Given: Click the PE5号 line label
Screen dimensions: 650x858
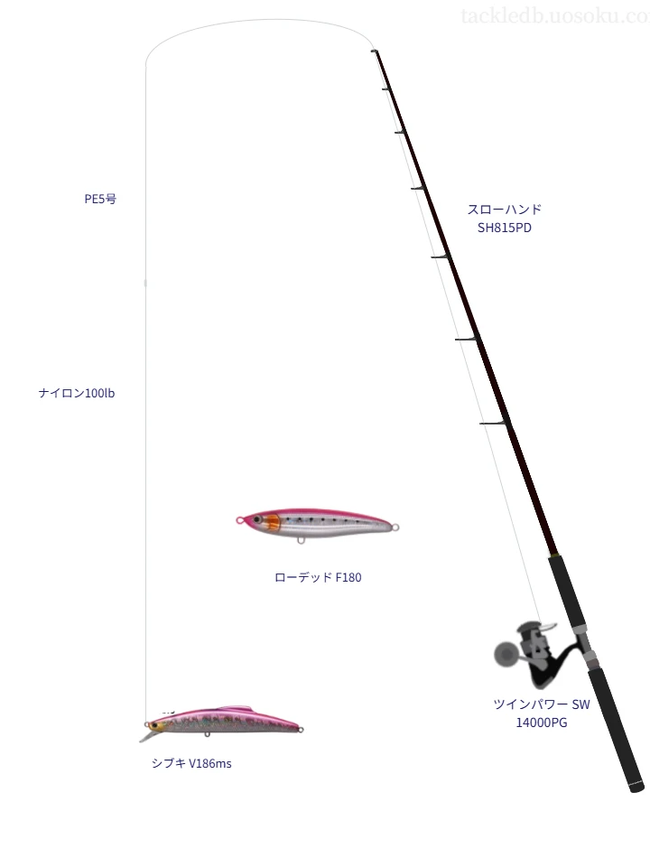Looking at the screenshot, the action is tap(100, 199).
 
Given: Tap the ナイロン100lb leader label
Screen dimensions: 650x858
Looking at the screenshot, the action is tap(77, 393).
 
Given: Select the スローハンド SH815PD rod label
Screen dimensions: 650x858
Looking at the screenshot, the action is tap(505, 219).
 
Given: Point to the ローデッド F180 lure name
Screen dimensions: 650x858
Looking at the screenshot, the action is tap(318, 577).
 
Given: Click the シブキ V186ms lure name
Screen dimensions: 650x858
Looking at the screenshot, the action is tap(191, 763).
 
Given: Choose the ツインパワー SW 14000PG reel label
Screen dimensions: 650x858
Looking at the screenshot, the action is tap(542, 713).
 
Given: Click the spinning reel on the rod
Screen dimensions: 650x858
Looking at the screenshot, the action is tap(539, 654).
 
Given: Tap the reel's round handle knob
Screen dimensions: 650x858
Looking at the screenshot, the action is tap(505, 653).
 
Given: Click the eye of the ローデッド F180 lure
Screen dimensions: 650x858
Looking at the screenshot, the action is tap(256, 518).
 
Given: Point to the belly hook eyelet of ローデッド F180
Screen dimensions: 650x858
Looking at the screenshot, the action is tap(301, 541).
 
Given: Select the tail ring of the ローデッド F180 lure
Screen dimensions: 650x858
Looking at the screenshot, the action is tap(396, 527).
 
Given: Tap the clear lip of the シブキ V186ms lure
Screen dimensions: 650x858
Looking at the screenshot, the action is tap(146, 736).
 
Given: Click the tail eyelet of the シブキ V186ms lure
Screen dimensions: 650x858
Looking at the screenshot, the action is tap(301, 729).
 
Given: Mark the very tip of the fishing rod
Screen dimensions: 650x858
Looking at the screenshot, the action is tap(373, 51).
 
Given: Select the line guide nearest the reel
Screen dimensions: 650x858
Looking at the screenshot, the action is tap(494, 423).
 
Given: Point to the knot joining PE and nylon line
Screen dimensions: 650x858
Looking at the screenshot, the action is tap(145, 283).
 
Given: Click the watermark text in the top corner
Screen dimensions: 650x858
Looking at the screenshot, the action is tap(555, 16).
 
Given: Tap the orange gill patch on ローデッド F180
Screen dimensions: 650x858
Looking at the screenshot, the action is tap(274, 523).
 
